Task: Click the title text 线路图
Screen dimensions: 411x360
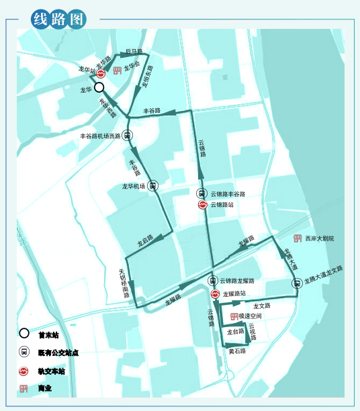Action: tap(59, 18)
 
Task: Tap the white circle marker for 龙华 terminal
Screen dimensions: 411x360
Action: tap(99, 88)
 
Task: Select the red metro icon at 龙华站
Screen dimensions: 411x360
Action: tap(101, 74)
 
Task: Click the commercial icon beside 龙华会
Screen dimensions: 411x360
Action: tap(117, 70)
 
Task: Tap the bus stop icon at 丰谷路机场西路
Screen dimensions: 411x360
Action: tap(128, 135)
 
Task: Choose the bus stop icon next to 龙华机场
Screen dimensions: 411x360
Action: tap(153, 186)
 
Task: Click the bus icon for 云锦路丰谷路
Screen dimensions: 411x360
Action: tap(202, 193)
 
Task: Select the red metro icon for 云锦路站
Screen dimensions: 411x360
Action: tap(202, 205)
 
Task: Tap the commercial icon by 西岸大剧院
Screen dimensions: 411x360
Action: tap(298, 238)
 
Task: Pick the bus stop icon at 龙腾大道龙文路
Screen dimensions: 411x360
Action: tap(296, 283)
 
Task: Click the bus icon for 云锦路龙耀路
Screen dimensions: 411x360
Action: tap(213, 281)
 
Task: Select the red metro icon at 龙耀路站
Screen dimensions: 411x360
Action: tap(213, 293)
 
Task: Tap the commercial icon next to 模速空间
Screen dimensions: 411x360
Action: tap(234, 316)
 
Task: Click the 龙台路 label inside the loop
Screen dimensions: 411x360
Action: tap(235, 331)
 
